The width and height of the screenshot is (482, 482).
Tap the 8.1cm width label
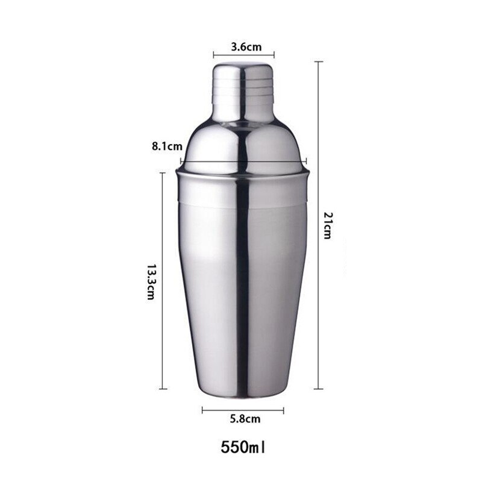167,146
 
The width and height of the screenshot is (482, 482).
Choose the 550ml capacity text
243,448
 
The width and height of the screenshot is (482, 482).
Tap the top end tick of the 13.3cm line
163,173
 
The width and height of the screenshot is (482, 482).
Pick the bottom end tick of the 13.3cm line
163,389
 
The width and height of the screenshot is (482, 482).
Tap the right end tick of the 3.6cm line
274,54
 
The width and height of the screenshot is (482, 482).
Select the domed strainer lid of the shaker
243,142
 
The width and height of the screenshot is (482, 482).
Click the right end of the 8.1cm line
307,161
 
